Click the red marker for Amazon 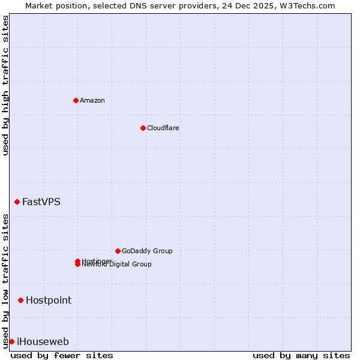[76, 100]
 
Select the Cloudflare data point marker [143, 128]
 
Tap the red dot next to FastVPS [17, 202]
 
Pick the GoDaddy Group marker [118, 251]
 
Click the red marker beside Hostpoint [20, 300]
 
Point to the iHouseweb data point [11, 341]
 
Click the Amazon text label [92, 100]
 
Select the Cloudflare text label [163, 128]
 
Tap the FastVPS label [41, 202]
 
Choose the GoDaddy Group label [147, 251]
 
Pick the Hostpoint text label [49, 300]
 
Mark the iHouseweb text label [43, 341]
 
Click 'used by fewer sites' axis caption [62, 355]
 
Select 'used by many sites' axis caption [301, 355]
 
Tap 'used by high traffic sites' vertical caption [5, 85]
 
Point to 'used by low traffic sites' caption [5, 281]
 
